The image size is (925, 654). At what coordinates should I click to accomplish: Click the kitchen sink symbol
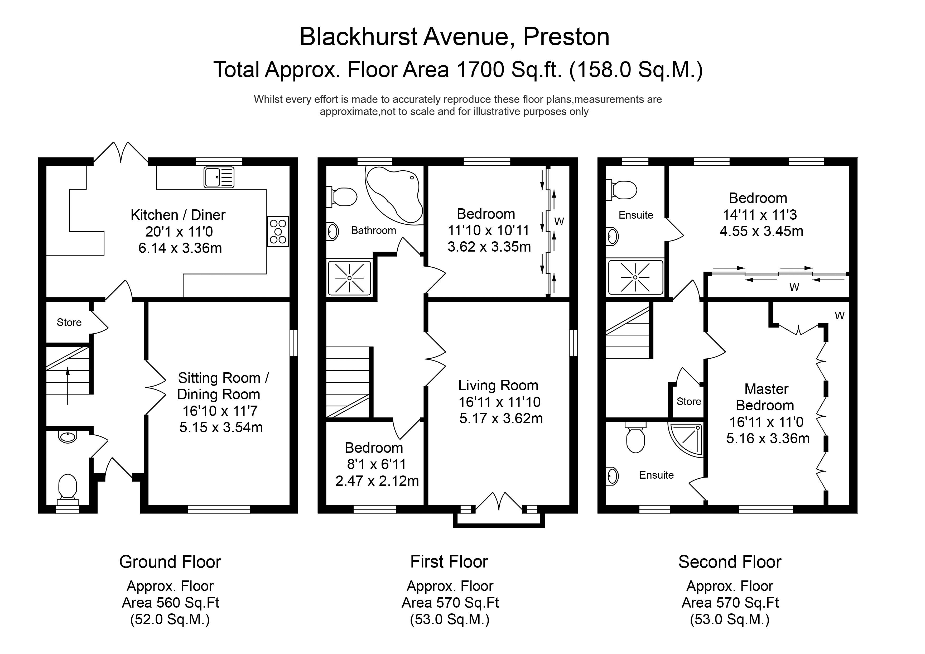[219, 177]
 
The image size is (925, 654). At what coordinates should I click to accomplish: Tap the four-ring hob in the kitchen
[278, 232]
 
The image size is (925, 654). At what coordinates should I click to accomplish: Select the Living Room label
[498, 386]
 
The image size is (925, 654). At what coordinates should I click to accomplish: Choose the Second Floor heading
[730, 562]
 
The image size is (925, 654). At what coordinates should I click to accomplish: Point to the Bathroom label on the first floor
[373, 230]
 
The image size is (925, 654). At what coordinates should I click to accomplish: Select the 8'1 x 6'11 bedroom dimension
[376, 464]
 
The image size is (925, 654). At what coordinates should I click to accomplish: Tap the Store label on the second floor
[688, 401]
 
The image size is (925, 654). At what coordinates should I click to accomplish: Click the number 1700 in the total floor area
[480, 69]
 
